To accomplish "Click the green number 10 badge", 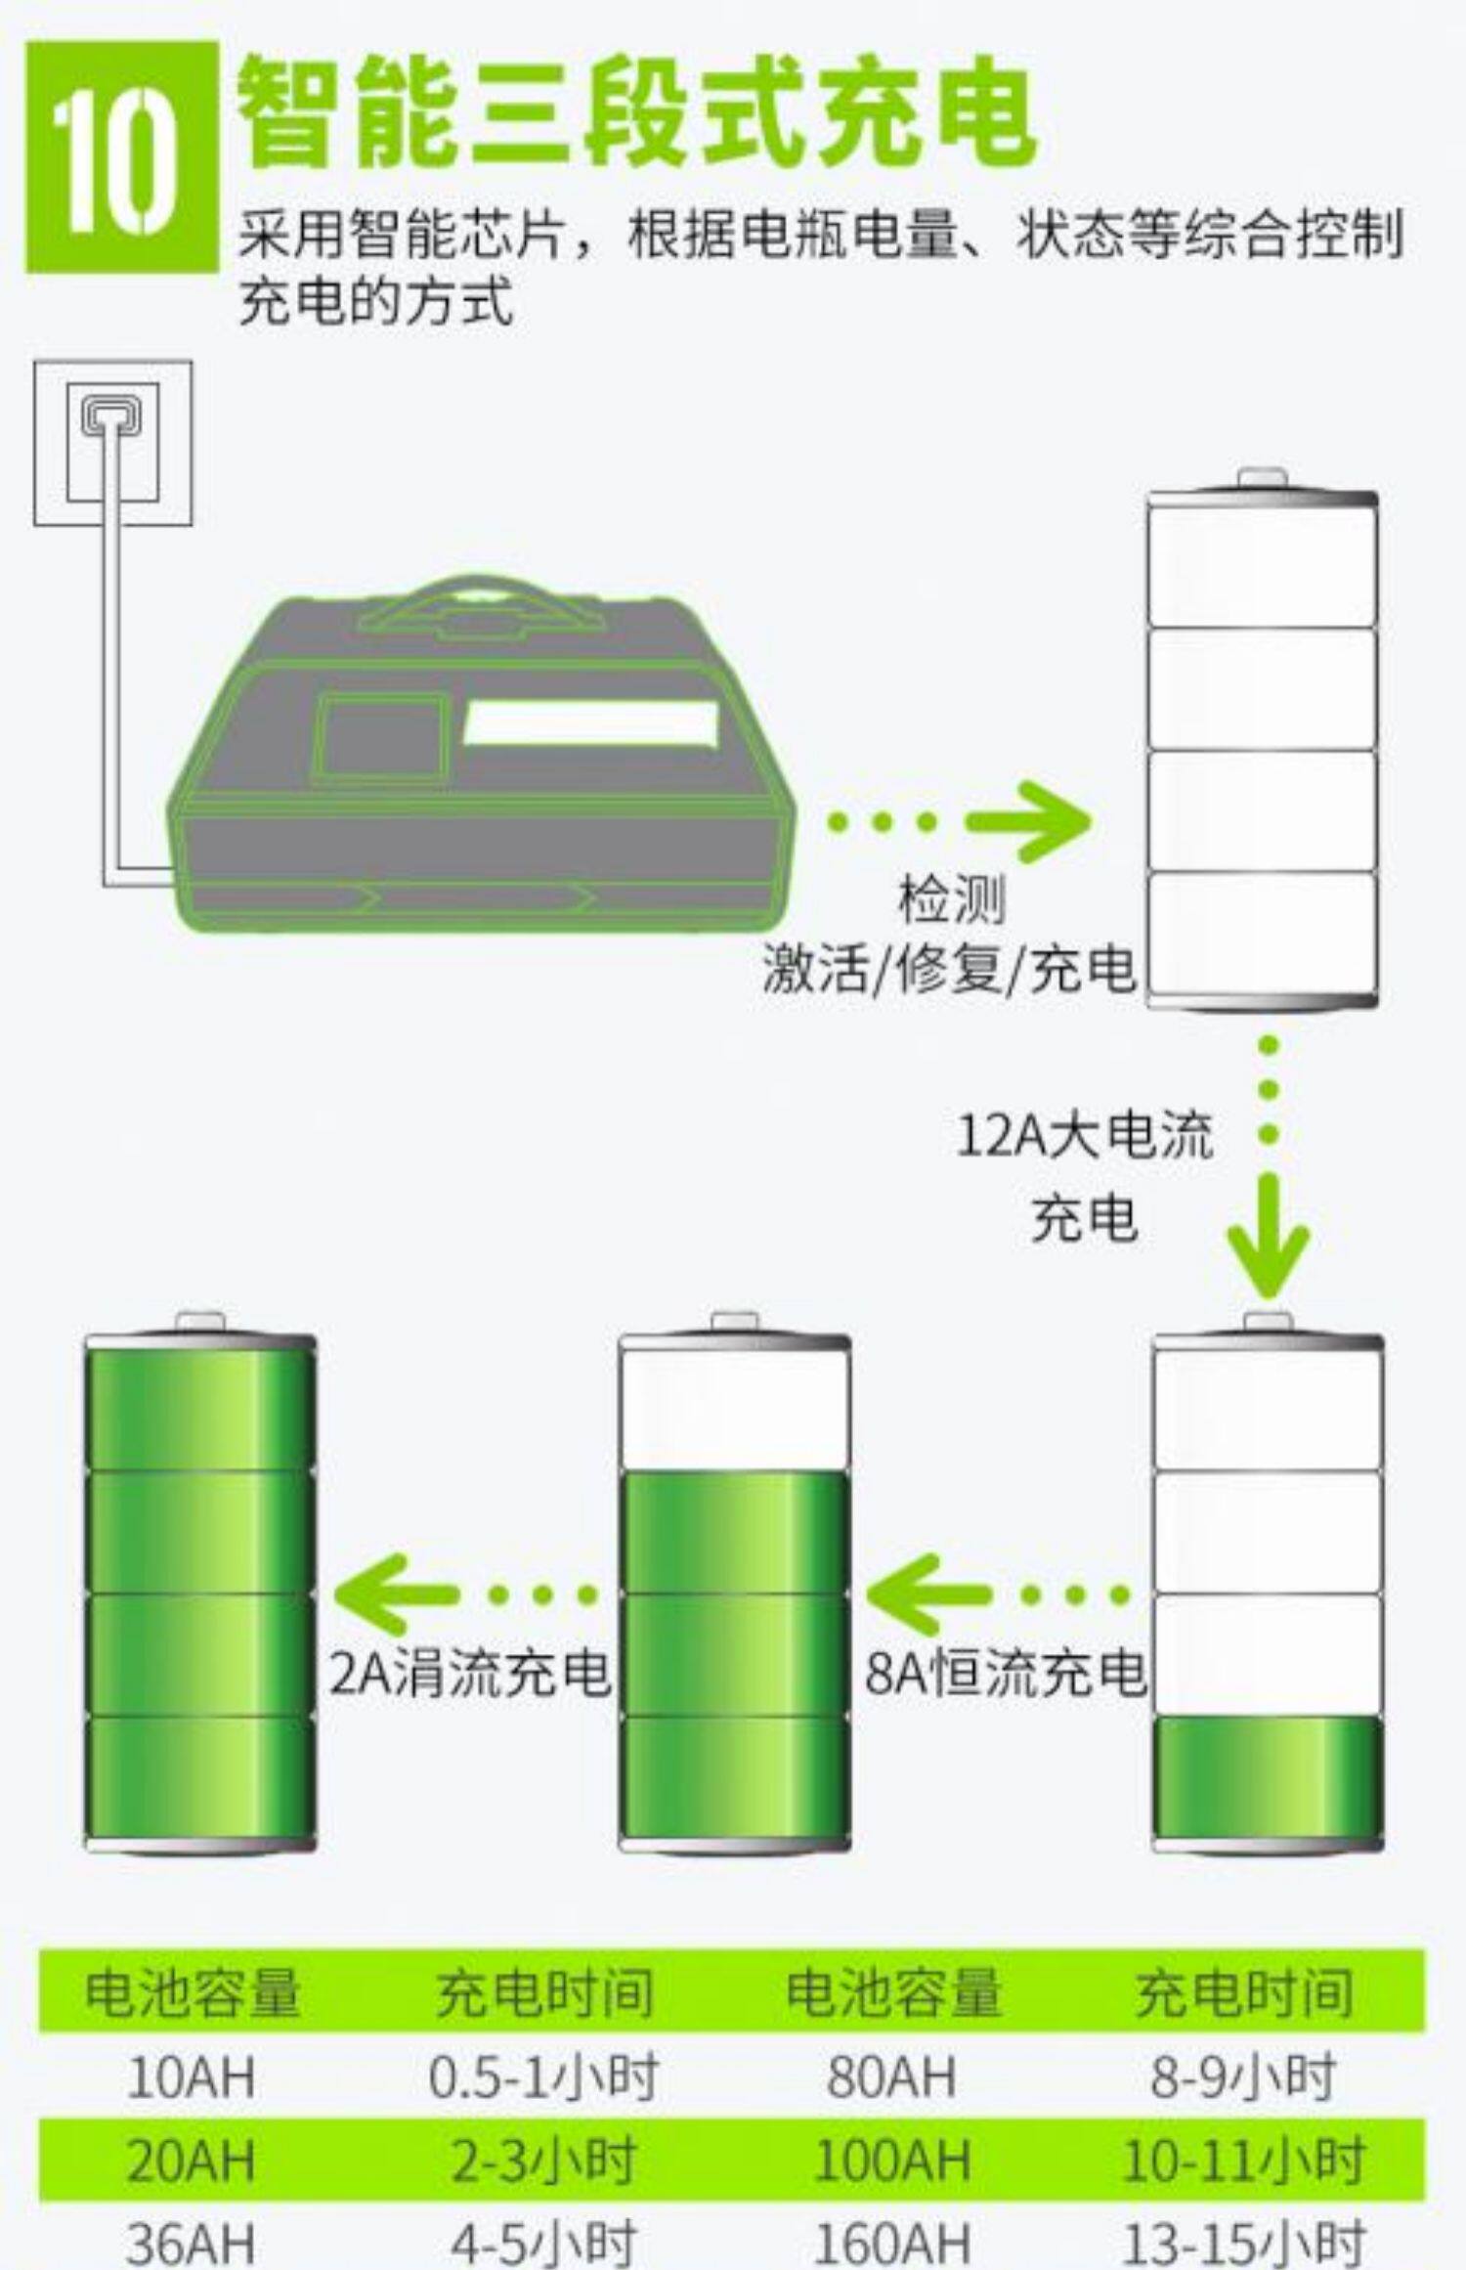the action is click(x=121, y=156).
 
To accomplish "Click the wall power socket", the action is click(x=112, y=443).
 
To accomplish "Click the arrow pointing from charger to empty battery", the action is click(x=1026, y=821).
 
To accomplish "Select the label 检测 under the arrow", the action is click(x=951, y=899).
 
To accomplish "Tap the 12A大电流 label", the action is click(x=1084, y=1136).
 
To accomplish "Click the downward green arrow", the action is click(x=1268, y=1237).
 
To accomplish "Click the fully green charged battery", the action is click(x=200, y=1593).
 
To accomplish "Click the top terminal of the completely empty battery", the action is click(x=1262, y=479).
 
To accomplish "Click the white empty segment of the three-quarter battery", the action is click(x=734, y=1408).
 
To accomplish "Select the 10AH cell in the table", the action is click(x=192, y=2077).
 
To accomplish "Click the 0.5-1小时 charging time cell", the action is click(x=542, y=2077).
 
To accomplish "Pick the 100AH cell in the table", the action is click(x=892, y=2161).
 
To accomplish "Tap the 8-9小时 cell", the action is click(x=1241, y=2077).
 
